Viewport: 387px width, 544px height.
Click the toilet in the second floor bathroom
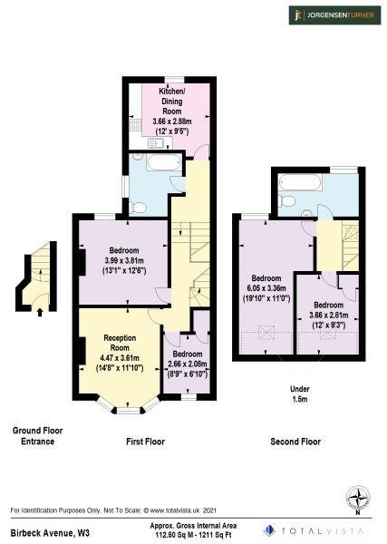point(286,200)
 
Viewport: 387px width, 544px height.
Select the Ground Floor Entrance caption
point(35,436)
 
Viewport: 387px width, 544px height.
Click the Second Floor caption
point(295,442)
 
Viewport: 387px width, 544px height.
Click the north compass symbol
point(358,498)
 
